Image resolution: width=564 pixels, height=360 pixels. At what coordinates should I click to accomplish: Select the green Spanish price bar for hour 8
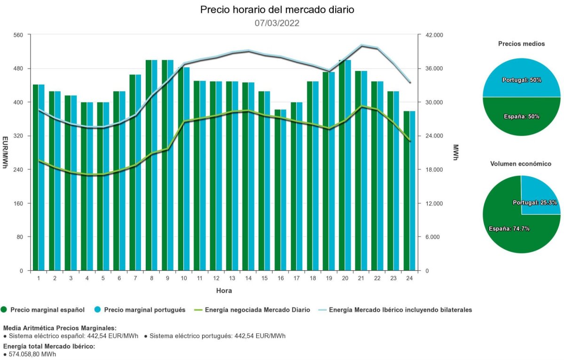(149, 164)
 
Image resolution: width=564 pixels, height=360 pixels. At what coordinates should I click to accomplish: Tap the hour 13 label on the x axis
(232, 278)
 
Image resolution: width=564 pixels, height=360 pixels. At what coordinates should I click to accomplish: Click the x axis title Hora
(224, 290)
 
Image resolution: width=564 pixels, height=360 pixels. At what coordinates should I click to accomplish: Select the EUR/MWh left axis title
(5, 152)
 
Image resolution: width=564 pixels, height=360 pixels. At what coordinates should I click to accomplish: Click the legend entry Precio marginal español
(47, 310)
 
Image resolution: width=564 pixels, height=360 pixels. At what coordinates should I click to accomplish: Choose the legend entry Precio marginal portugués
(144, 310)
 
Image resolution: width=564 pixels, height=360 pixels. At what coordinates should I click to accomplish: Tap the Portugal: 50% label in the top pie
(522, 80)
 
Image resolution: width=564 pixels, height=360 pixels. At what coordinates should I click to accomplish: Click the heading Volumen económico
(521, 164)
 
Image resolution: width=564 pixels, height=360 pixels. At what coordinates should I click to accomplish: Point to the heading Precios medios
(521, 44)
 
